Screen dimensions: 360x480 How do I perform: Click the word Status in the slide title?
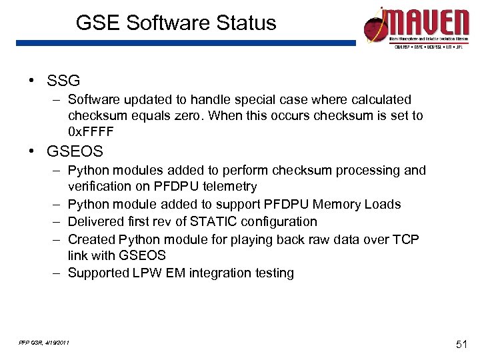[243, 23]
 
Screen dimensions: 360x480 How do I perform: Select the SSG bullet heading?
[63, 81]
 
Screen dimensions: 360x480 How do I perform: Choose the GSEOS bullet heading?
[75, 151]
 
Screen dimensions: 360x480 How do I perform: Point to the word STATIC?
[211, 221]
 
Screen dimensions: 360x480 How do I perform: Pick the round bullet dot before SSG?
[31, 81]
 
